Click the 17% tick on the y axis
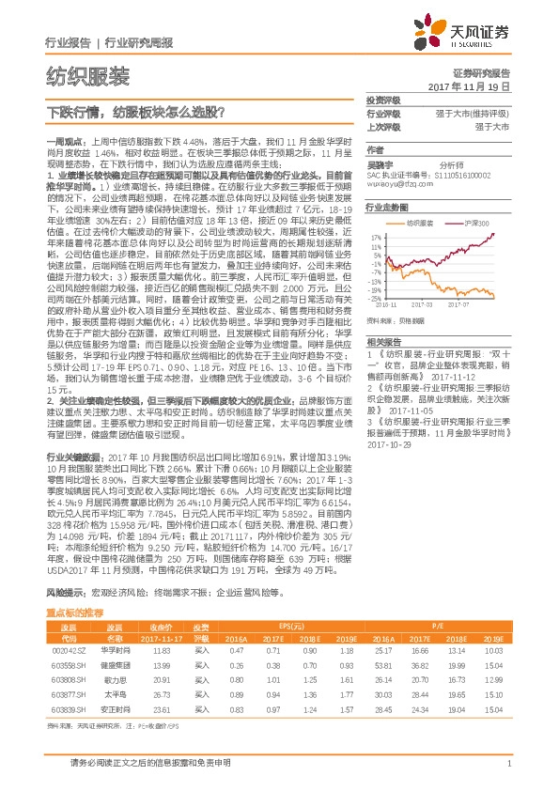373,235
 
